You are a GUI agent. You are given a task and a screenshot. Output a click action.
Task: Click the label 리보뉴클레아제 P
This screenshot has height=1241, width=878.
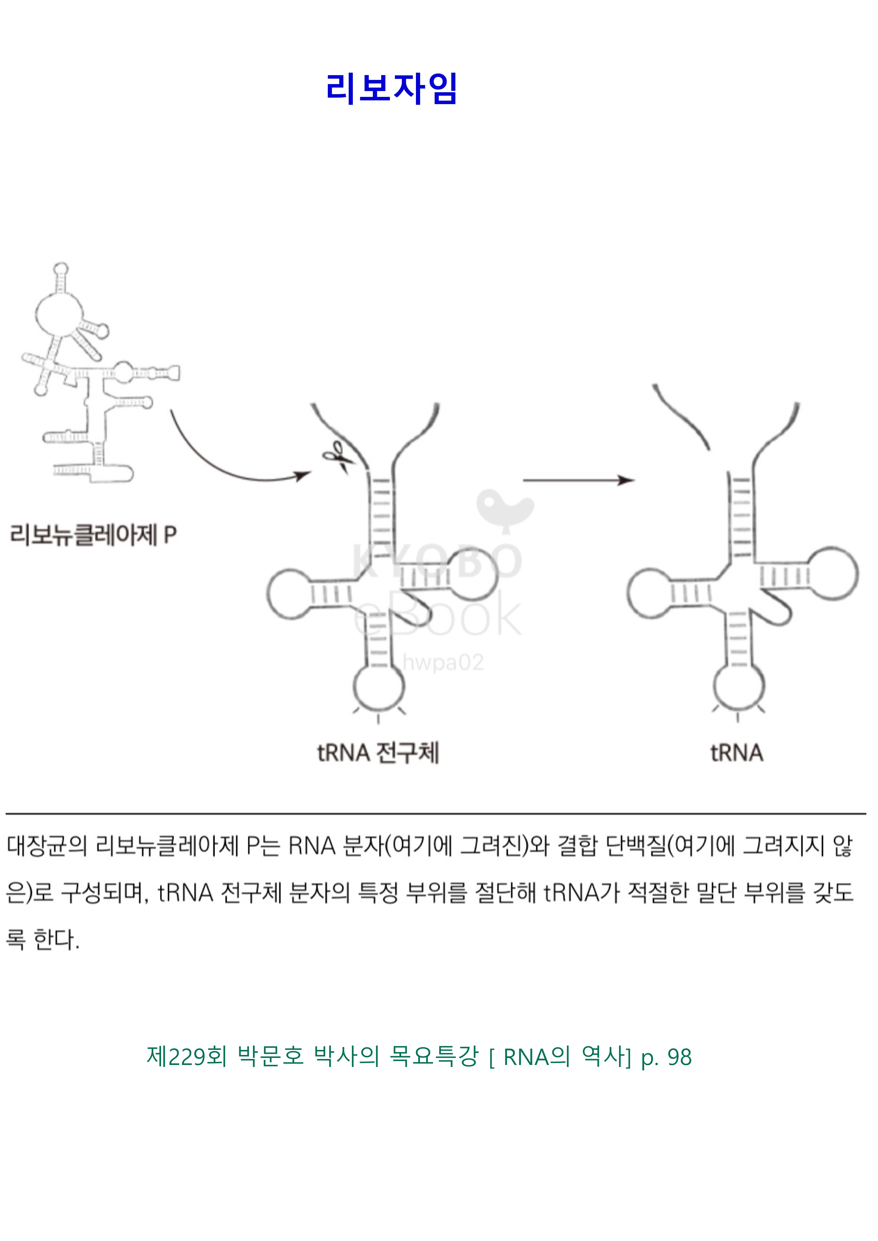[x=93, y=535]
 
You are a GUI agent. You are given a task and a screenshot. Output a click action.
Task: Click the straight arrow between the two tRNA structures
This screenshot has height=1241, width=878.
[x=578, y=480]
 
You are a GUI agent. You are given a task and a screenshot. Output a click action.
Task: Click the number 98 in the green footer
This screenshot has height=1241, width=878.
[x=680, y=1057]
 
